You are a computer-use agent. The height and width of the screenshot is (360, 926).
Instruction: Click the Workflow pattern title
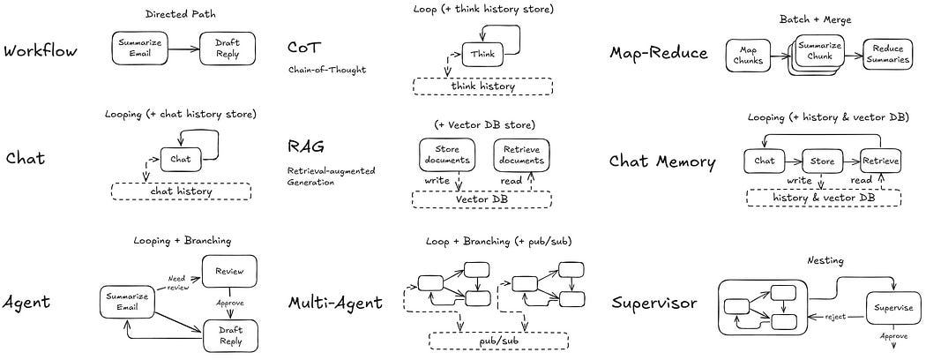pos(41,50)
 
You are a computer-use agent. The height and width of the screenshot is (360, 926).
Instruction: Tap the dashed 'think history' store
pos(482,86)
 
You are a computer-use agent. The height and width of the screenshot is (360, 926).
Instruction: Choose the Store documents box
pos(445,154)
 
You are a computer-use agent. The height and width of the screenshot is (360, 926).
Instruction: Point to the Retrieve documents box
pos(520,154)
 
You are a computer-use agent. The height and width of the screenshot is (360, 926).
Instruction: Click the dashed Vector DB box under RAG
pos(482,199)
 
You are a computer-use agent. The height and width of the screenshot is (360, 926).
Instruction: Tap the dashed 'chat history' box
pos(181,191)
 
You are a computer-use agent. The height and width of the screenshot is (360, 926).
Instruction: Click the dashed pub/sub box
pos(498,341)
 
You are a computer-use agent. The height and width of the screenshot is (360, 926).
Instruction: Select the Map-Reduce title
pos(659,52)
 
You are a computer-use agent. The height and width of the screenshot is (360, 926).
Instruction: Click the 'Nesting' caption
pos(826,261)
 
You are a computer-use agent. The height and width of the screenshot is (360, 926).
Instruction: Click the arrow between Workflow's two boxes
pos(183,50)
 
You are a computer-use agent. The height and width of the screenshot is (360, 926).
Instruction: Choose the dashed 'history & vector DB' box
pos(824,198)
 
